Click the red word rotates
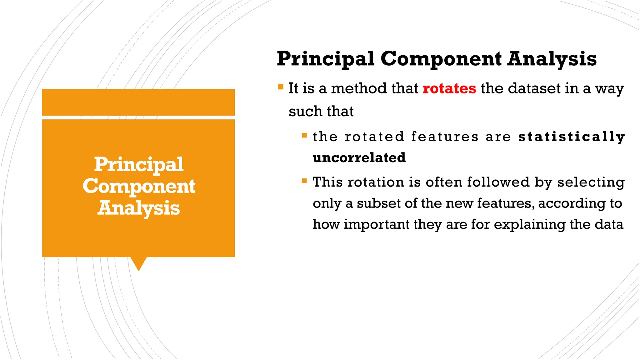[449, 88]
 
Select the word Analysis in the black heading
[552, 59]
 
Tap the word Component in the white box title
[139, 187]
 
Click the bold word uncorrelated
[359, 157]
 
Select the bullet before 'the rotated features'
[304, 135]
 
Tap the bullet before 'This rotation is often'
[304, 181]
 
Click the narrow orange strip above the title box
[138, 102]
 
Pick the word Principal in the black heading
[325, 59]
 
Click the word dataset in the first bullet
[534, 88]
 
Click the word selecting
[591, 182]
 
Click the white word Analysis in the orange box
[138, 208]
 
